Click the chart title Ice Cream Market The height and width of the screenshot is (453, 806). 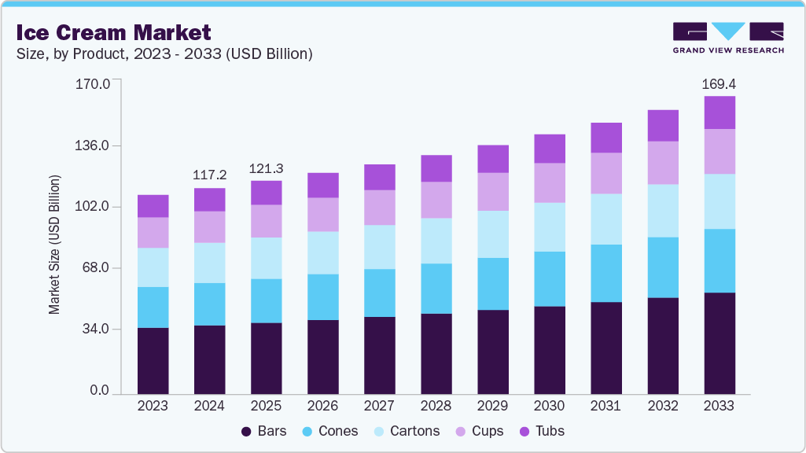click(113, 32)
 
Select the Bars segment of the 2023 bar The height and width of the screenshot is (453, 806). click(153, 360)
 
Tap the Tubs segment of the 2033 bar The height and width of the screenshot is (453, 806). click(719, 112)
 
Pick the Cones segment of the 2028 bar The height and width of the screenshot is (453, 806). click(436, 289)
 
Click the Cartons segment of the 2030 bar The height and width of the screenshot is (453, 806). click(549, 227)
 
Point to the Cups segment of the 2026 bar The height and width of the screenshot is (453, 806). click(322, 214)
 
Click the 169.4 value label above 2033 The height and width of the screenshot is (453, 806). click(719, 83)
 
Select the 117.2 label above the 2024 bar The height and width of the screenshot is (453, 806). click(209, 175)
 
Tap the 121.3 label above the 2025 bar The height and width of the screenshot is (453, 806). click(266, 168)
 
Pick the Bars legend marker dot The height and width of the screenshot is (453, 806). click(246, 431)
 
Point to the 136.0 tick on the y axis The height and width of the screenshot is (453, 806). click(93, 145)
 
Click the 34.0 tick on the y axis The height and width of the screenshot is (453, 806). click(97, 329)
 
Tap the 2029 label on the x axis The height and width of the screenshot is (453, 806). click(492, 406)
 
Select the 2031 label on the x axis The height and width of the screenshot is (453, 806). click(605, 406)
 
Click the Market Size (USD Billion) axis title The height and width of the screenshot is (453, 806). click(54, 244)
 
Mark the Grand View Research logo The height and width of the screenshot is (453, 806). click(727, 38)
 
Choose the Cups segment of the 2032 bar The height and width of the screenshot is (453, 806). click(662, 163)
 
